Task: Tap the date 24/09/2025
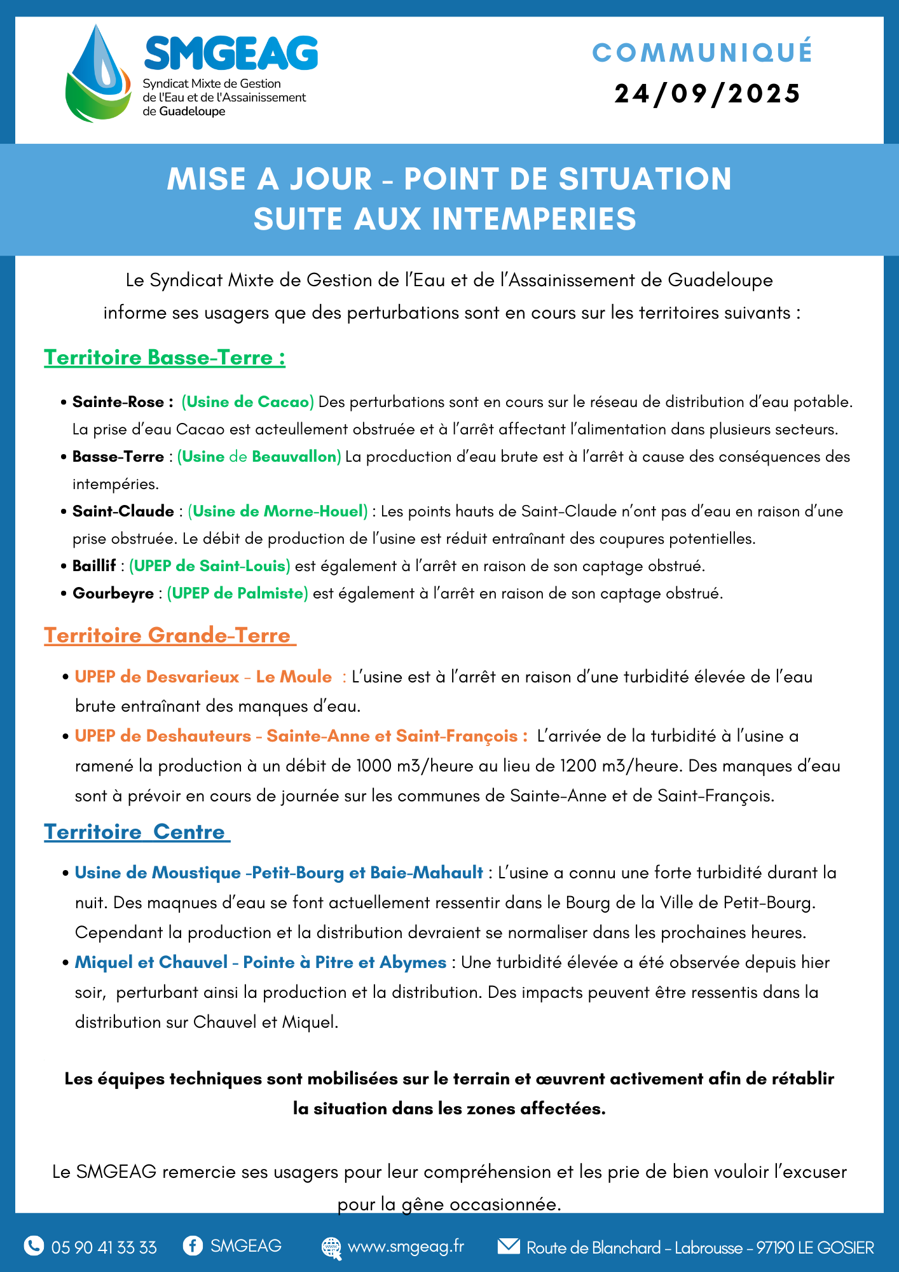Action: coord(707,93)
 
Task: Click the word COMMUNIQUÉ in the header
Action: coord(703,53)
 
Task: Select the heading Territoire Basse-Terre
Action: coord(164,357)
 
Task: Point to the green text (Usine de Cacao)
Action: coord(247,402)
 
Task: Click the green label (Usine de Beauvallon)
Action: coord(259,457)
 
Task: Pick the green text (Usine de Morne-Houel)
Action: coord(278,511)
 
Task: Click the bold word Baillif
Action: coord(94,566)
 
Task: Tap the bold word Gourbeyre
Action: coord(113,593)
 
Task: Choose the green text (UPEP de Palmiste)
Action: coord(237,593)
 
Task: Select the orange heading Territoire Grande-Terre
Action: coord(168,635)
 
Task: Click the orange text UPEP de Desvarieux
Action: coord(157,677)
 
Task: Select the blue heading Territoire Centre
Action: coord(135,832)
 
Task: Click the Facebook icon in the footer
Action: coord(192,1246)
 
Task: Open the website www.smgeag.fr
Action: coord(406,1247)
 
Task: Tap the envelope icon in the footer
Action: coord(508,1246)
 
